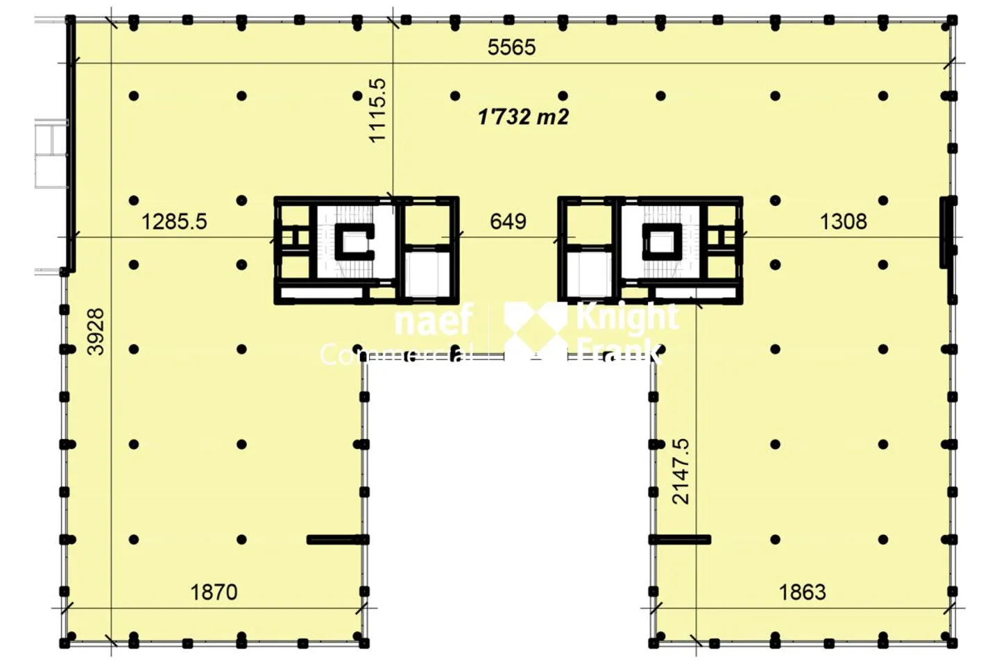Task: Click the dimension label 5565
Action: tap(511, 47)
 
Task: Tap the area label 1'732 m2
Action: tap(523, 117)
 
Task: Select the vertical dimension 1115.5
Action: tap(377, 110)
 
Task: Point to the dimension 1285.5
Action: tap(174, 221)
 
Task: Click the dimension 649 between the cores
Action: tap(508, 221)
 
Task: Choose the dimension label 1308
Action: tap(843, 221)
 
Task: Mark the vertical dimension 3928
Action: tap(96, 332)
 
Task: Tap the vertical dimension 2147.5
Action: tap(681, 471)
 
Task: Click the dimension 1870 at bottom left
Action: tap(214, 592)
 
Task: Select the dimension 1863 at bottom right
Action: tap(802, 592)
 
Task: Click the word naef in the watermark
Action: tap(434, 321)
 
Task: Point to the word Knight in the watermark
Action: tap(626, 316)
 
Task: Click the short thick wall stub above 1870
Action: tap(336, 540)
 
